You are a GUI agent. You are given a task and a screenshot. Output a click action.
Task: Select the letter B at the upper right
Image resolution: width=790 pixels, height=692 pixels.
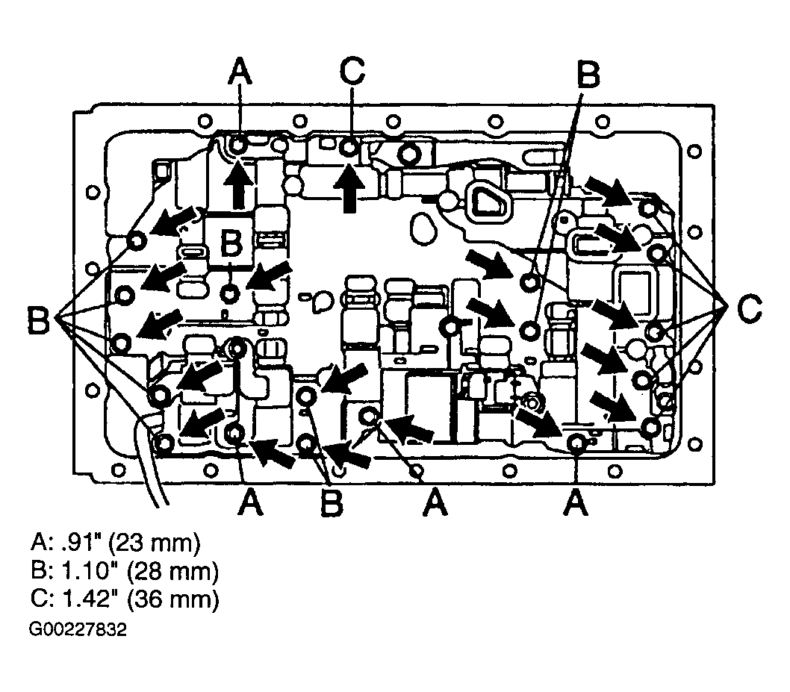coord(588,75)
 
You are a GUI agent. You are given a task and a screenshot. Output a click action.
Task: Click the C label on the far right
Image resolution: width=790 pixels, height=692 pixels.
coord(749,309)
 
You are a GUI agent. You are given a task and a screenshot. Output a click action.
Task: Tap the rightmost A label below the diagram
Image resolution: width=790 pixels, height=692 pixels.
coord(576,502)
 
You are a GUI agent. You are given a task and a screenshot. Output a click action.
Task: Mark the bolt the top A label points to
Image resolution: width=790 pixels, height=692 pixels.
coord(239,146)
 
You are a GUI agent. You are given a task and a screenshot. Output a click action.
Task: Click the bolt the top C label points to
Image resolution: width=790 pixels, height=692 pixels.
coord(349,148)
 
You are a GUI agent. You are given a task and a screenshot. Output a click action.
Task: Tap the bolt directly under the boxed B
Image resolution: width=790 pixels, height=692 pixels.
coord(230,292)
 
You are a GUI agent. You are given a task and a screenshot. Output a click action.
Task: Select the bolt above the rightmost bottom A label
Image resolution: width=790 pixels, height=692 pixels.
coord(575,443)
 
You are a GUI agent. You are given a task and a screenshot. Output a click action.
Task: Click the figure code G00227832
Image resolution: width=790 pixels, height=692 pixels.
coord(78,629)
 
